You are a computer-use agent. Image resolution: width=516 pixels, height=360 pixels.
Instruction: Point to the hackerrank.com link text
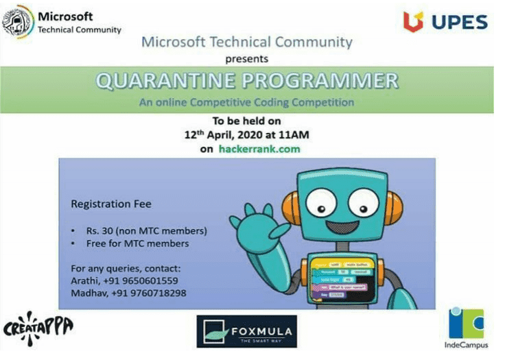(259, 148)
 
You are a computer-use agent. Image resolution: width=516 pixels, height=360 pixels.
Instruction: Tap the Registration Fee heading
(111, 204)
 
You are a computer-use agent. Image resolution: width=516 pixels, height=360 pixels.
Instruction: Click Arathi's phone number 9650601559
(145, 280)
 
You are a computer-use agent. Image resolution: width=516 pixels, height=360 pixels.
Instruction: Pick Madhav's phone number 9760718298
(150, 293)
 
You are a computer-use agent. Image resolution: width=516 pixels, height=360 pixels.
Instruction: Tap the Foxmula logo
(247, 332)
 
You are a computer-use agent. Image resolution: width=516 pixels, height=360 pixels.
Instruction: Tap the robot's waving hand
(251, 223)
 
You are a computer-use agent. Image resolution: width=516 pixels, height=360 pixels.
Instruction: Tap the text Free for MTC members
(137, 243)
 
